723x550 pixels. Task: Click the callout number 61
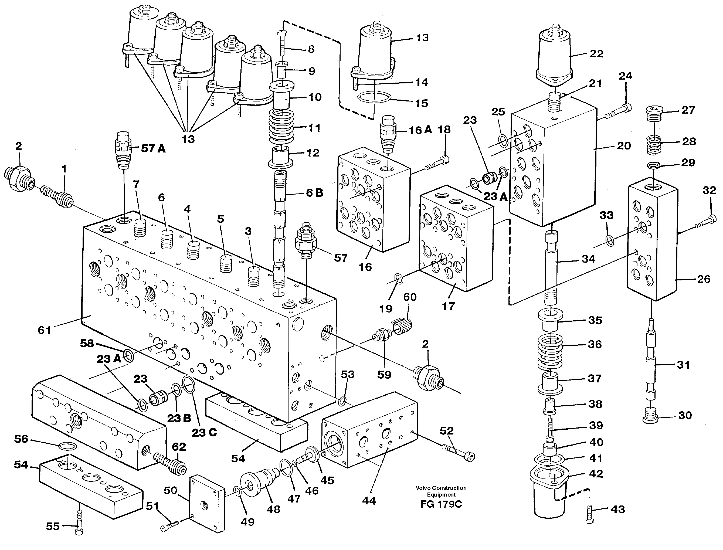pyautogui.click(x=44, y=330)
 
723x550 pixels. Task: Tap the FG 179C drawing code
pyautogui.click(x=441, y=504)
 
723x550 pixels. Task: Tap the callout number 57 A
pyautogui.click(x=153, y=149)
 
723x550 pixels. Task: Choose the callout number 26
pyautogui.click(x=703, y=279)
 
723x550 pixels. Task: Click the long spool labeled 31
pyautogui.click(x=651, y=364)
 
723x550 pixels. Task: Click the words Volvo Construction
pyautogui.click(x=441, y=488)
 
